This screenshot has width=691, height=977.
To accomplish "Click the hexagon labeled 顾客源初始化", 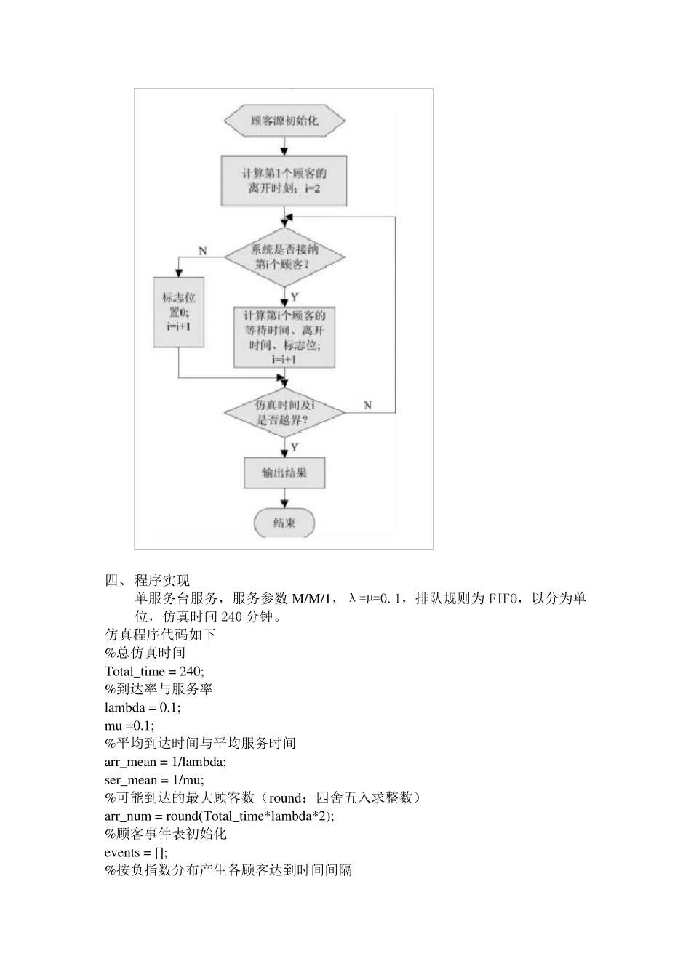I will (284, 121).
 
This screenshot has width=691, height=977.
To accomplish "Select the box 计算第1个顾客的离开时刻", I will (284, 181).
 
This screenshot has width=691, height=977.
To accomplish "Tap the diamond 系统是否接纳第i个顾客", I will (284, 257).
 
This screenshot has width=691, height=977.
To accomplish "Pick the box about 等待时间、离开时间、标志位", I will (284, 337).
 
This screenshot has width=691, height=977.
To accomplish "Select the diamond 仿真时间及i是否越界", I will (284, 412).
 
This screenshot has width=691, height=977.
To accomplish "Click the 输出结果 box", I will (284, 473).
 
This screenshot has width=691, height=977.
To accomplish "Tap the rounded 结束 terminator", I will (284, 523).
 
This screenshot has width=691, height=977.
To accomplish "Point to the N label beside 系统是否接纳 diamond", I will (203, 251).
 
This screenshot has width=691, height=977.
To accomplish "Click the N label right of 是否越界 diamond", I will (367, 404).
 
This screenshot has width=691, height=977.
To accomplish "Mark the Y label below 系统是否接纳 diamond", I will (294, 297).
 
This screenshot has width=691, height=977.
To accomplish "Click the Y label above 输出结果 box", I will (294, 446).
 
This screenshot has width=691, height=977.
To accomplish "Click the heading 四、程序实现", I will (148, 580).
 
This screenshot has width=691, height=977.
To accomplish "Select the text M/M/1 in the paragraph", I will (314, 599).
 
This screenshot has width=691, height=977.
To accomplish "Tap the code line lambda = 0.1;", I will (143, 707).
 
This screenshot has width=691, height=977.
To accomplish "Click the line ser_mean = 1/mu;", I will (154, 780).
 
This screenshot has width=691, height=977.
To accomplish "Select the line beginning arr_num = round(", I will (219, 816).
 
